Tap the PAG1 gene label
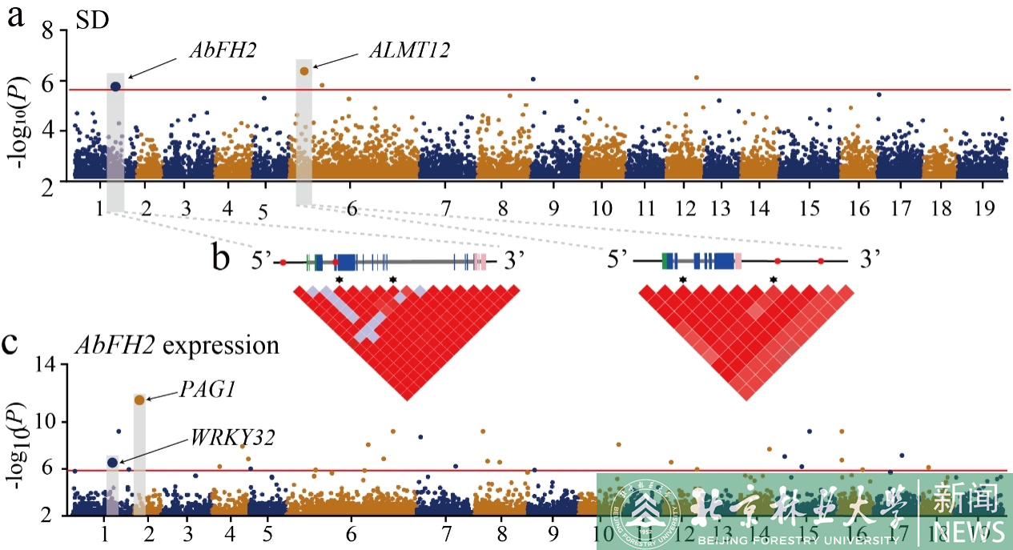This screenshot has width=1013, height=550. click(202, 390)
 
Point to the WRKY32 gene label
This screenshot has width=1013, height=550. click(233, 438)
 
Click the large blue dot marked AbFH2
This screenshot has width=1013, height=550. click(115, 86)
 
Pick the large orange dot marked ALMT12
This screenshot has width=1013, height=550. click(304, 71)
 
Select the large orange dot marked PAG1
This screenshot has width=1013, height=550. click(139, 399)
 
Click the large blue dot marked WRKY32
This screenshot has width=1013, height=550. click(112, 462)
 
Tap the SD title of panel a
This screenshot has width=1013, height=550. click(91, 22)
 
